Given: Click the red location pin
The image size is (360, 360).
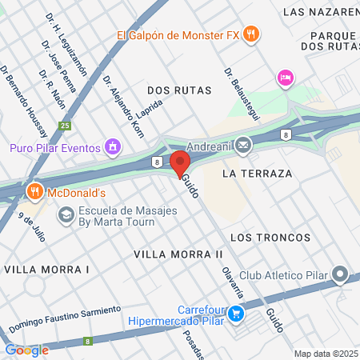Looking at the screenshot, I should pyautogui.click(x=178, y=164).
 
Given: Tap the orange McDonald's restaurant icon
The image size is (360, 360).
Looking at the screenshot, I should pyautogui.click(x=34, y=192).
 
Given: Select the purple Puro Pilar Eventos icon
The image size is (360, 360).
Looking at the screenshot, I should pyautogui.click(x=113, y=147).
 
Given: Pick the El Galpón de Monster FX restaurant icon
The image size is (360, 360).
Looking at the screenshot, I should pyautogui.click(x=251, y=34).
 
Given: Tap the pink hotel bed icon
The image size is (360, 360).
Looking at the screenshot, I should pyautogui.click(x=284, y=78).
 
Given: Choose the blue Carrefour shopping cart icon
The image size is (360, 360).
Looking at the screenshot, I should pyautogui.click(x=235, y=315).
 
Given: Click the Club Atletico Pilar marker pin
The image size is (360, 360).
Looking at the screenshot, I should pyautogui.click(x=340, y=276).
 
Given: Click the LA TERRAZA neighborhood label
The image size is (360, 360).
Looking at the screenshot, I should pyautogui.click(x=258, y=173).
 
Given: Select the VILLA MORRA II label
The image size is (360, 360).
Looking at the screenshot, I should pyautogui.click(x=178, y=254).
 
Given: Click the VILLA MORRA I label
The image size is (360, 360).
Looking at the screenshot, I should pyautogui.click(x=46, y=270).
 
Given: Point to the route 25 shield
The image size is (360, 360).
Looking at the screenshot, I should pyautogui.click(x=65, y=126).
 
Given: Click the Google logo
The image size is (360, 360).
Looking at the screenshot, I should pyautogui.click(x=26, y=350).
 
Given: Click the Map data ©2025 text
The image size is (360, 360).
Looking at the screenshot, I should pyautogui.click(x=326, y=354).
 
